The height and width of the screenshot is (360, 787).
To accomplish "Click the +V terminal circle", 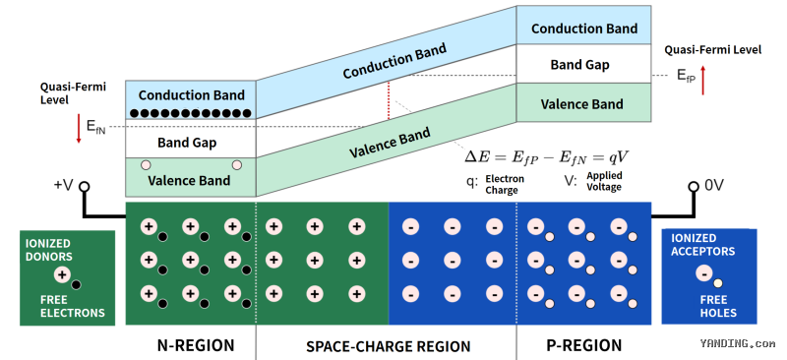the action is pos(85,187).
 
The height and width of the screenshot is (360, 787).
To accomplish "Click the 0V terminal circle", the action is pos(694,187).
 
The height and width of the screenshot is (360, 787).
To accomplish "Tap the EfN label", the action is pos(95,127).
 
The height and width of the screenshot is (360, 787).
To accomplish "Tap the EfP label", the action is pos(687,76).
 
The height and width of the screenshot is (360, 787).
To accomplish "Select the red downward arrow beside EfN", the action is pos(79,129).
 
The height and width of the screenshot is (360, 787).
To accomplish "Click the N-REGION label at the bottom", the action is pos(195,345).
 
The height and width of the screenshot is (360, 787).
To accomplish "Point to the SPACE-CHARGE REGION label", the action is pos(388,346).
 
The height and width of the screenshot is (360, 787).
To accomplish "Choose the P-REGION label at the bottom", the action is pos(583,345).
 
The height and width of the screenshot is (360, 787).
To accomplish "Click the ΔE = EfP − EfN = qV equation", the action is pos(546,157).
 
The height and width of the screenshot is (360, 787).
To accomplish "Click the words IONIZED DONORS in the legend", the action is pos(49,250).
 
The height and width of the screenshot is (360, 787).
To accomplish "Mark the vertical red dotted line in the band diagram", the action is pos(389,101).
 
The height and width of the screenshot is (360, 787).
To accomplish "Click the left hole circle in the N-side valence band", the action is pos(146,164).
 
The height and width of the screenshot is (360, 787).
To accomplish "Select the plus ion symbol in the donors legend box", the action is pos(62,274).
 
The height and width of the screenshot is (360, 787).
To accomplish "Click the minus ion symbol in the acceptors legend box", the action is pos(704,273).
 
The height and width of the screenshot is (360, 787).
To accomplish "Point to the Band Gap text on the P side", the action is pos(579,65).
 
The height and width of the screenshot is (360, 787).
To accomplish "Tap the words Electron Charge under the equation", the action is pos(505,184).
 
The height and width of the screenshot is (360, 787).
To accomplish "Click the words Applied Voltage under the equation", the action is pos(604,181).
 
